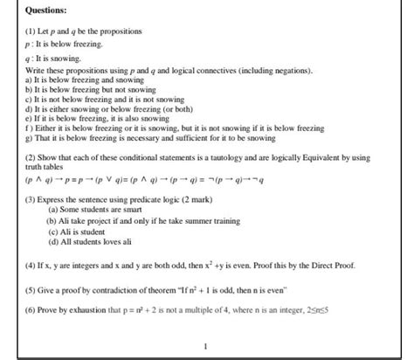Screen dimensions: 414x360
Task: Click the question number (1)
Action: coord(32,31)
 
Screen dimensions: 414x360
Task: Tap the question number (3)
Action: coord(32,200)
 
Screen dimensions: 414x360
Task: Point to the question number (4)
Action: coord(32,262)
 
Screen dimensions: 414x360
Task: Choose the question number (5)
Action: coord(32,287)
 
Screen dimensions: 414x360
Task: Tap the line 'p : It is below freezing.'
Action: coord(66,43)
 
